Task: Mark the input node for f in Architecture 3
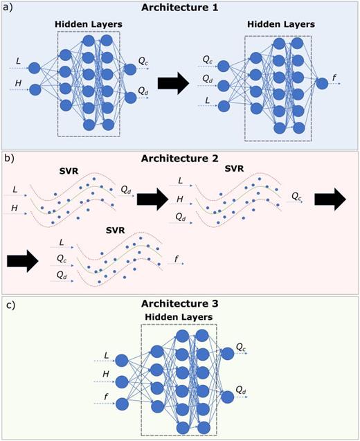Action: tap(123, 404)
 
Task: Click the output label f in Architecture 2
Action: tap(175, 259)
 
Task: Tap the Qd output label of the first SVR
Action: tap(125, 188)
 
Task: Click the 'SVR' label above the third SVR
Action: tap(115, 229)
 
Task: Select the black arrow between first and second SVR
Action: tap(152, 200)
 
